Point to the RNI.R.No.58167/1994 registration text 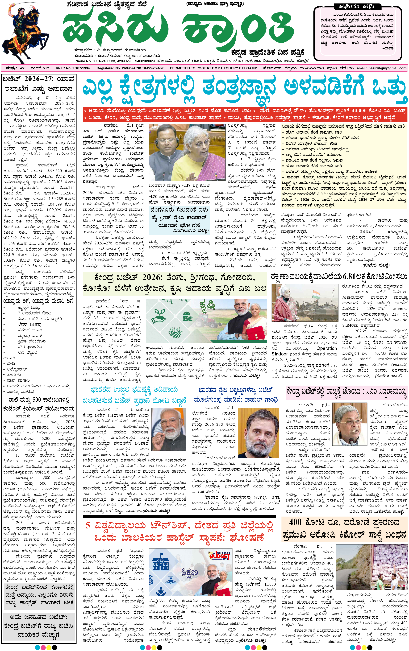point(73,68)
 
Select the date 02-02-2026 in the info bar point(311,68)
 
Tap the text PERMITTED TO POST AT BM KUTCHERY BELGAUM point(213,68)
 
